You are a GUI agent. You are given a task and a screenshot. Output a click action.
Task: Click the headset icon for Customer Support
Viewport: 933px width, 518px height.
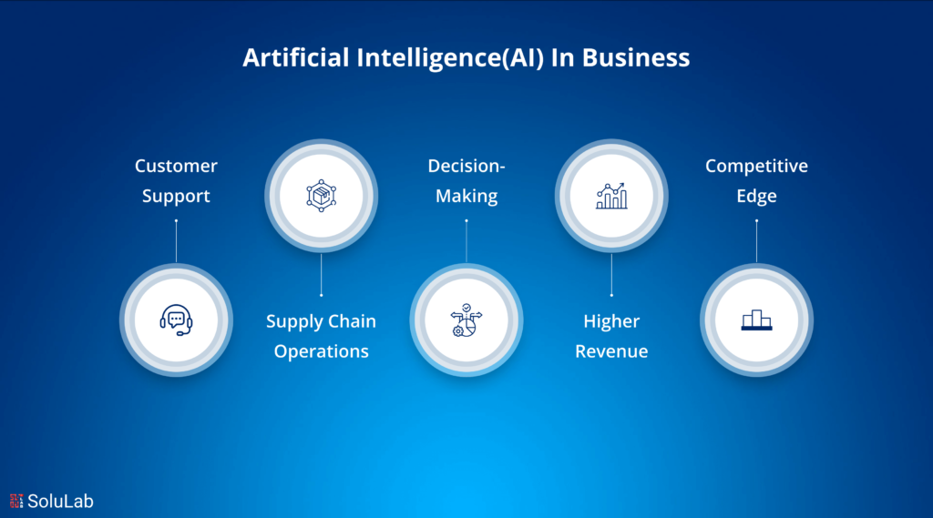tap(176, 320)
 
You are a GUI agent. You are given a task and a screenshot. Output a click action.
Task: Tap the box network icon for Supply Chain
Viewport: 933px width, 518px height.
tap(321, 195)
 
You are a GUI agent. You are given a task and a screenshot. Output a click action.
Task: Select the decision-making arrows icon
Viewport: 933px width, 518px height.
tap(466, 320)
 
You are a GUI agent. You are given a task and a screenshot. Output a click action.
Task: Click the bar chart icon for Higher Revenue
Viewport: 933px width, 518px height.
tap(611, 195)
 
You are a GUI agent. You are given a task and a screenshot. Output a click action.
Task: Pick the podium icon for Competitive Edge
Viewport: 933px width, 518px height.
tap(756, 320)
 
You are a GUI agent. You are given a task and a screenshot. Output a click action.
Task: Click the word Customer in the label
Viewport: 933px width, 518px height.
tap(176, 166)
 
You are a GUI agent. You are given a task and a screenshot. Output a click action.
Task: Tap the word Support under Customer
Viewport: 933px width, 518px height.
tap(176, 196)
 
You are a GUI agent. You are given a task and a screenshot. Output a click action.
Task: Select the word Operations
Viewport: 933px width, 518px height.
tap(321, 351)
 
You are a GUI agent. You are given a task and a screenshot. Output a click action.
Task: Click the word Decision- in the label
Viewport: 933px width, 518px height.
tap(466, 166)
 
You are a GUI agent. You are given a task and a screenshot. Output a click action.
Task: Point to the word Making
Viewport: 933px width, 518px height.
tap(466, 196)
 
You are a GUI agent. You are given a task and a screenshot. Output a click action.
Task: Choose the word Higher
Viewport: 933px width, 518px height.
tap(611, 321)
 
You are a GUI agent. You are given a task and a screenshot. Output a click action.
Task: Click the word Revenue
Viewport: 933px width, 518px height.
tap(611, 351)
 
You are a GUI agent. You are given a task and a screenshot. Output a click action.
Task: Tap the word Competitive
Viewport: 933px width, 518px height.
tap(756, 166)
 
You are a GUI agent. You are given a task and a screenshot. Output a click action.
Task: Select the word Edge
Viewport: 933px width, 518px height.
tap(756, 196)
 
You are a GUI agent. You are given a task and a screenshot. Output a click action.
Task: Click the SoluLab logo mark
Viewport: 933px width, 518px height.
tap(16, 501)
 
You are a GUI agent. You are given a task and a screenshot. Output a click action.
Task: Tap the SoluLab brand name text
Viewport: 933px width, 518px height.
tap(60, 501)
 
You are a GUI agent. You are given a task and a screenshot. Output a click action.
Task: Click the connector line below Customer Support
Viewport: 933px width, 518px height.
tap(176, 241)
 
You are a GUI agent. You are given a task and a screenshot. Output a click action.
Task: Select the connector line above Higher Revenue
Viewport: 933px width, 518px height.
tap(611, 273)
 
